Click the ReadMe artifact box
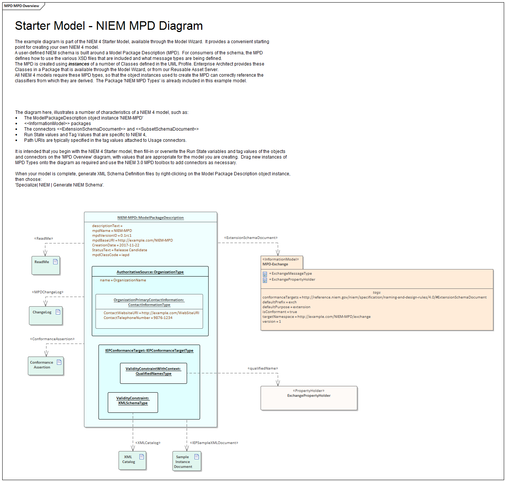(x=46, y=265)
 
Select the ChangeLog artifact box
(x=46, y=315)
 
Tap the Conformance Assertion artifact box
(x=46, y=366)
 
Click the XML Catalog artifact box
(x=132, y=460)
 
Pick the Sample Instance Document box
(x=187, y=461)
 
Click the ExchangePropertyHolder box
(x=309, y=398)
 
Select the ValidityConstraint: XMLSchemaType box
(x=133, y=402)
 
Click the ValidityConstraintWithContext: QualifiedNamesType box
(x=154, y=373)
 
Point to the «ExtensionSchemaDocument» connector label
(x=251, y=237)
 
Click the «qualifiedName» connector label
(x=262, y=368)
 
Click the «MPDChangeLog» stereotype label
(x=48, y=292)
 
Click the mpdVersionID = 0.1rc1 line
(x=112, y=235)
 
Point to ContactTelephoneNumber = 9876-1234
(x=138, y=317)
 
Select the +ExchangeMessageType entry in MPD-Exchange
(x=290, y=273)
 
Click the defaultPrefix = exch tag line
(x=279, y=302)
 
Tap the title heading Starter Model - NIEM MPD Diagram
(x=109, y=26)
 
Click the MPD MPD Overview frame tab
(x=22, y=6)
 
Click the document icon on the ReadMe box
(x=55, y=261)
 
